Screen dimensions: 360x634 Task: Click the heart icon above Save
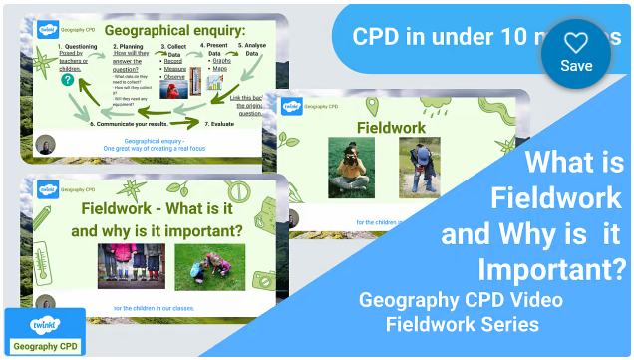[576, 42]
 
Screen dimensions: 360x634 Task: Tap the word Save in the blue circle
[576, 66]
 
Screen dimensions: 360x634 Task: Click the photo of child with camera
[352, 168]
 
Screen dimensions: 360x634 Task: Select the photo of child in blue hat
[420, 166]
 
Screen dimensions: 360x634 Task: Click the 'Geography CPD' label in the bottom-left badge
[44, 345]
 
